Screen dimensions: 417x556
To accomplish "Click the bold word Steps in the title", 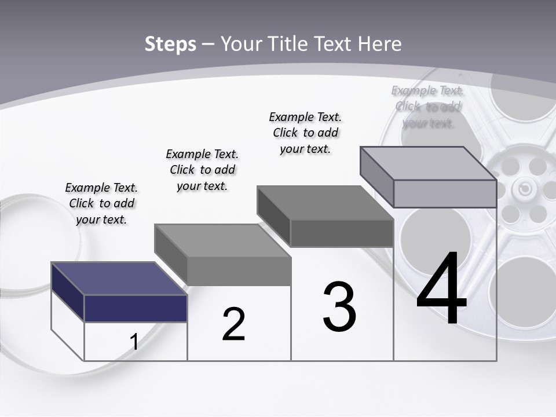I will [x=170, y=44].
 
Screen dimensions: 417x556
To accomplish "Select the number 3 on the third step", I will [x=339, y=306].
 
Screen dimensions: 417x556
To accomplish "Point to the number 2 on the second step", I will [x=233, y=324].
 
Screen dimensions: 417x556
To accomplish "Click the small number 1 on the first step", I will [x=134, y=342].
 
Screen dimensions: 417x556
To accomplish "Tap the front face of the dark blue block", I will [x=136, y=308].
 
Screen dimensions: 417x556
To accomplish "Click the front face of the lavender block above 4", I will [x=445, y=193].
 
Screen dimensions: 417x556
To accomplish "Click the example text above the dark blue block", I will [x=101, y=204].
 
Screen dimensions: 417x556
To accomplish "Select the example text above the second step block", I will [x=202, y=170].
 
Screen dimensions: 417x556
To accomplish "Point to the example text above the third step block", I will [x=305, y=133].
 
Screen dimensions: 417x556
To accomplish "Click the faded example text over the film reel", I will [x=428, y=107].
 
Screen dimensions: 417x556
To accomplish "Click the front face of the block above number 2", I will [x=239, y=271].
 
